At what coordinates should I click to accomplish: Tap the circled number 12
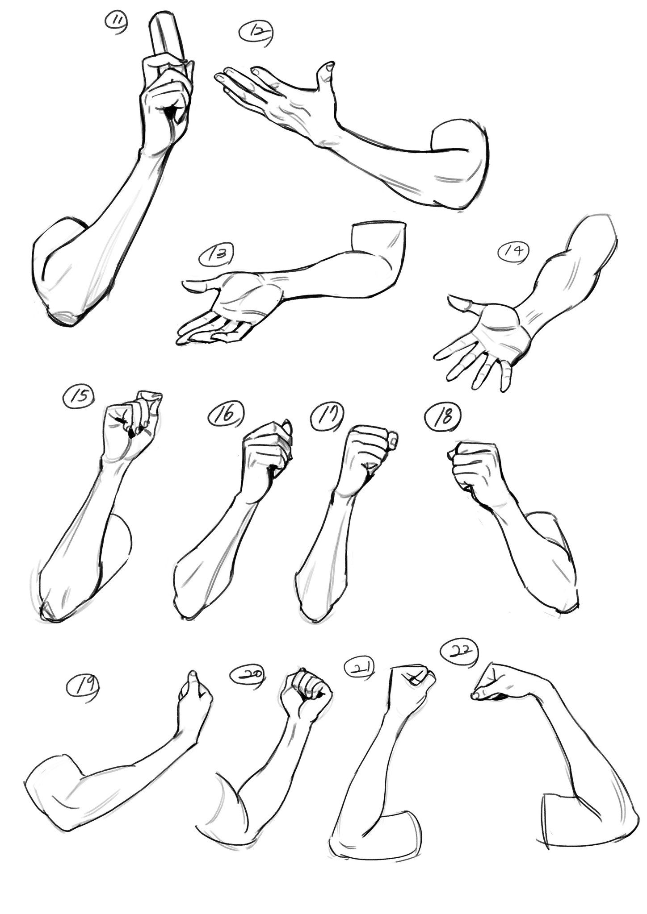pyautogui.click(x=257, y=33)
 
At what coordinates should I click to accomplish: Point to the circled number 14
pyautogui.click(x=514, y=252)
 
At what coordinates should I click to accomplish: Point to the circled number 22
pyautogui.click(x=459, y=653)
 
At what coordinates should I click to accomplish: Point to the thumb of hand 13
pyautogui.click(x=201, y=284)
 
